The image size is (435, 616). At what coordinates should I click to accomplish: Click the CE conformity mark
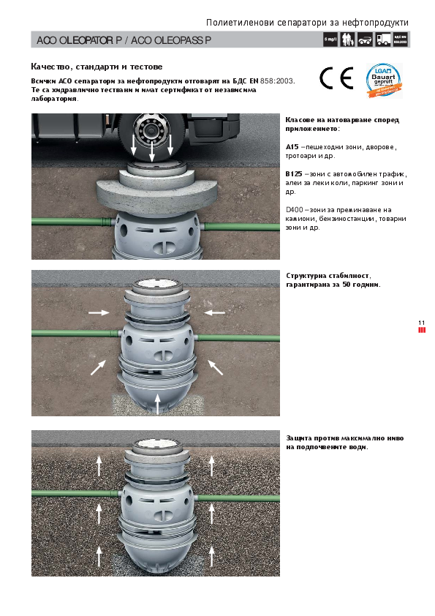click(x=336, y=78)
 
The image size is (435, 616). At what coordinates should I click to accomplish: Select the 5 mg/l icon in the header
click(x=330, y=40)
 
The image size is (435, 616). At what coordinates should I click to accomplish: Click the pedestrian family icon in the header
click(x=347, y=40)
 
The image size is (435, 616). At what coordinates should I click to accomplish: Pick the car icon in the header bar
click(x=366, y=40)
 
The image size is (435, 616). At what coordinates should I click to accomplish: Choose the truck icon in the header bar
click(x=383, y=40)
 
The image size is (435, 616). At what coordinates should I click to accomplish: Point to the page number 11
click(x=421, y=323)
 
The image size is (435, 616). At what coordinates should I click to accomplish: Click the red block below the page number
click(x=421, y=330)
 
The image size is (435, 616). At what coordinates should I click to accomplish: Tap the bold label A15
click(x=292, y=147)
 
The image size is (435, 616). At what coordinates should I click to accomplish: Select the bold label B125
click(x=294, y=174)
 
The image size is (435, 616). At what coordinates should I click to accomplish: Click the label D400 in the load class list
click(x=294, y=209)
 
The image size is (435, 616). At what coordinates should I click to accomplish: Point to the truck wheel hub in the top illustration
click(x=153, y=132)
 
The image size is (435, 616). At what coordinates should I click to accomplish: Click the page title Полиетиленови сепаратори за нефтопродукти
click(x=307, y=23)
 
